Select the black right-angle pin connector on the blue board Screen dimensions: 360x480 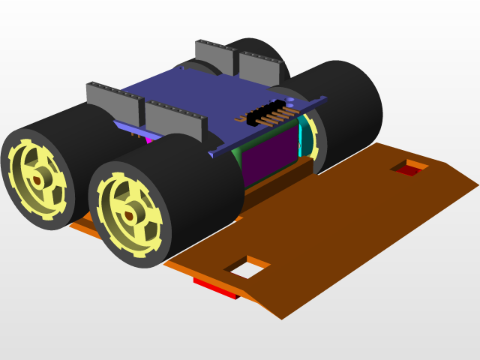tap(266, 113)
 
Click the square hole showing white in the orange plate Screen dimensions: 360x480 tap(247, 268)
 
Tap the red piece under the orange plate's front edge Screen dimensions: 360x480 tap(215, 288)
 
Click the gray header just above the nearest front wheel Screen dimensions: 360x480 tap(176, 121)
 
